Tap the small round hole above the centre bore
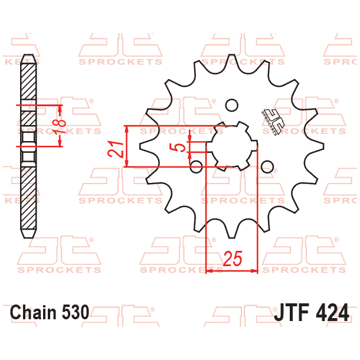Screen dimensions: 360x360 [x=232, y=105]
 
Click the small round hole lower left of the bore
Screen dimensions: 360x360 [x=197, y=165]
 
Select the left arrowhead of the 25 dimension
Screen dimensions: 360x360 [x=208, y=271]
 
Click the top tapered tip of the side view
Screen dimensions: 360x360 [x=27, y=57]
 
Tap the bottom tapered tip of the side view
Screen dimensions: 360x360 [x=27, y=235]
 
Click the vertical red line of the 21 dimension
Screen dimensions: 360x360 [x=127, y=146]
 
